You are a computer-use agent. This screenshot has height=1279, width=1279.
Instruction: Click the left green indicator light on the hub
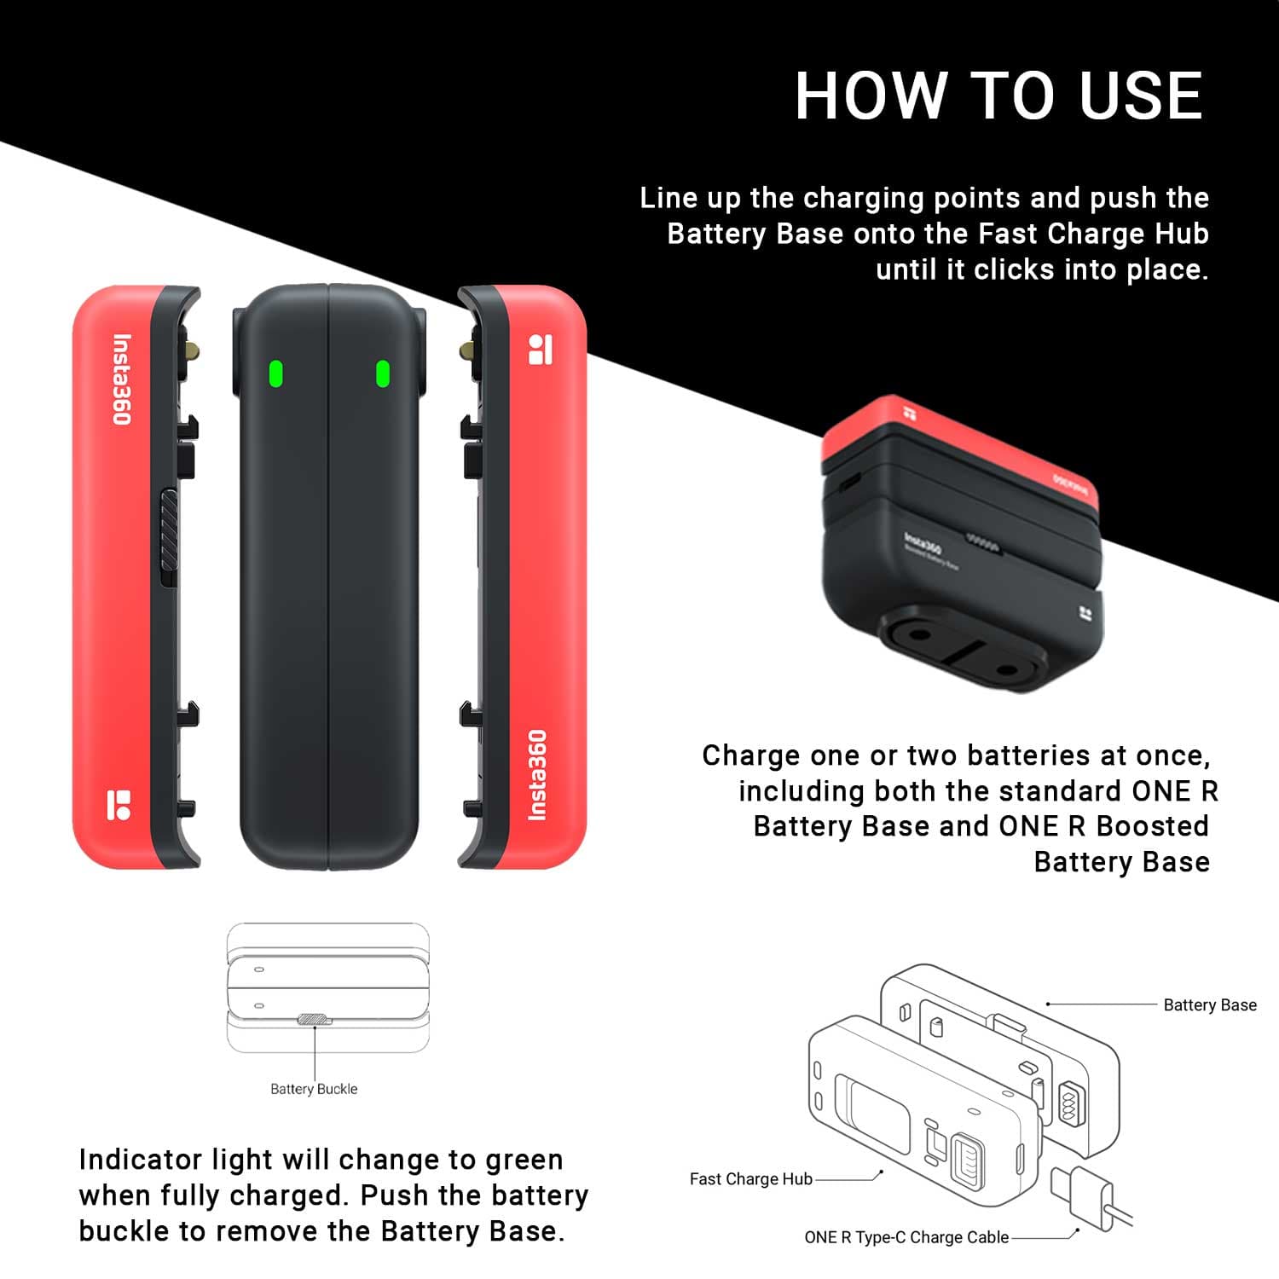point(275,373)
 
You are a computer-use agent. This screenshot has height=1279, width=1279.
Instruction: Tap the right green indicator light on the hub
point(383,373)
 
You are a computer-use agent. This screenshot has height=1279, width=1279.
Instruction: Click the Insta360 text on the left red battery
point(122,379)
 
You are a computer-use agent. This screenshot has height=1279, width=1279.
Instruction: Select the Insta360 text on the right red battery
point(537,775)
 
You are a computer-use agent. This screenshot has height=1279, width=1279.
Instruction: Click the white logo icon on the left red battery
point(119,805)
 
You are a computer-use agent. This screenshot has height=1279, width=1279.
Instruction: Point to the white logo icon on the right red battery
point(541,350)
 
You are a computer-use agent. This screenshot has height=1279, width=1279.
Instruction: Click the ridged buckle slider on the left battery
point(169,537)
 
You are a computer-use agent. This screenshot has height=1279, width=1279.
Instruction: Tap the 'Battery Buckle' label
point(314,1089)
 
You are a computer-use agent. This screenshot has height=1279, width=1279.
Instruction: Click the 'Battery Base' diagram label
point(1210,1005)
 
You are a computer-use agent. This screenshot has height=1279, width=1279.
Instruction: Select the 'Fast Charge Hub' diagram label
point(751,1179)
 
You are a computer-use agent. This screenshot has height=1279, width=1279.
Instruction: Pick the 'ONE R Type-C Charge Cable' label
point(906,1237)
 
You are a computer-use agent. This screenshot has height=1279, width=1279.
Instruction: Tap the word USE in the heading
point(1141,95)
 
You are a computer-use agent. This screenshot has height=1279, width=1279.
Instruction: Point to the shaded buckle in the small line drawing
point(313,1019)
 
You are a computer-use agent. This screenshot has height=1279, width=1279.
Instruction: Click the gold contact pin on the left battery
point(194,350)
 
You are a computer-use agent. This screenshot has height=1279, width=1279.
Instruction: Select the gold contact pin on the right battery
point(466,350)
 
